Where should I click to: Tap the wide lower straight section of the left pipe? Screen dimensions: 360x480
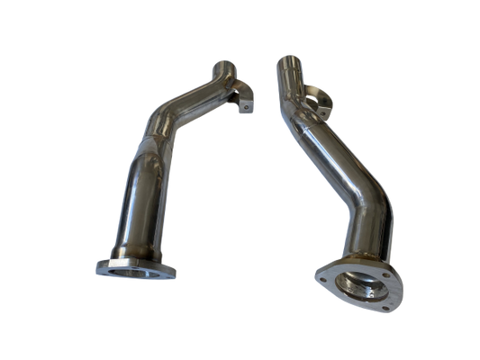pyautogui.click(x=136, y=207)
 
